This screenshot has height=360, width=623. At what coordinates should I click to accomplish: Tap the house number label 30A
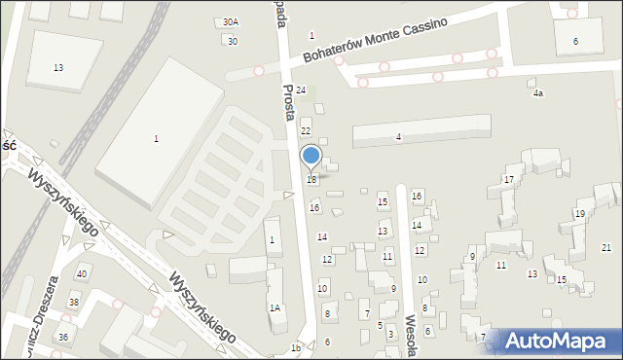point(230,21)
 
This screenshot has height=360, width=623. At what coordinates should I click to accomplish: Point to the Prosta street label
point(289,101)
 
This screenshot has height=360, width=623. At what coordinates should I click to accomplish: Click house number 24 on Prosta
point(302,90)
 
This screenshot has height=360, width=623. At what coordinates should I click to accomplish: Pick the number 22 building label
point(305,130)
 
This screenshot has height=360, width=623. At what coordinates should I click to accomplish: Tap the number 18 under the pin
point(311,180)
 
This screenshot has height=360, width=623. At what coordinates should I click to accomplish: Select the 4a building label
point(537,93)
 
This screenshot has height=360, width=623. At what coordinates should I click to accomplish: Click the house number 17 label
point(508,180)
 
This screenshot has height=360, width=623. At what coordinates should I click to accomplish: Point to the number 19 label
point(579,213)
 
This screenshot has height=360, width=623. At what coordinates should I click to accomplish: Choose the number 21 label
point(606,247)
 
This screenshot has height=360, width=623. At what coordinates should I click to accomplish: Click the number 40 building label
point(82,273)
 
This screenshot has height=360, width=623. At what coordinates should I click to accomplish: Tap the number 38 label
point(73,303)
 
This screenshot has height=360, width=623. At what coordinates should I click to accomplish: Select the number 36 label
point(63,337)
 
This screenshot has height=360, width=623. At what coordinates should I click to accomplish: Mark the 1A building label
point(275,307)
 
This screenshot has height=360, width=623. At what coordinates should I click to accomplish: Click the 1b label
point(295,347)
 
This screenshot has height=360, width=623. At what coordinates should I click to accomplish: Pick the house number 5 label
point(381,325)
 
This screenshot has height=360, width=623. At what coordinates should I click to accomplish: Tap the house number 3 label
point(390,335)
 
